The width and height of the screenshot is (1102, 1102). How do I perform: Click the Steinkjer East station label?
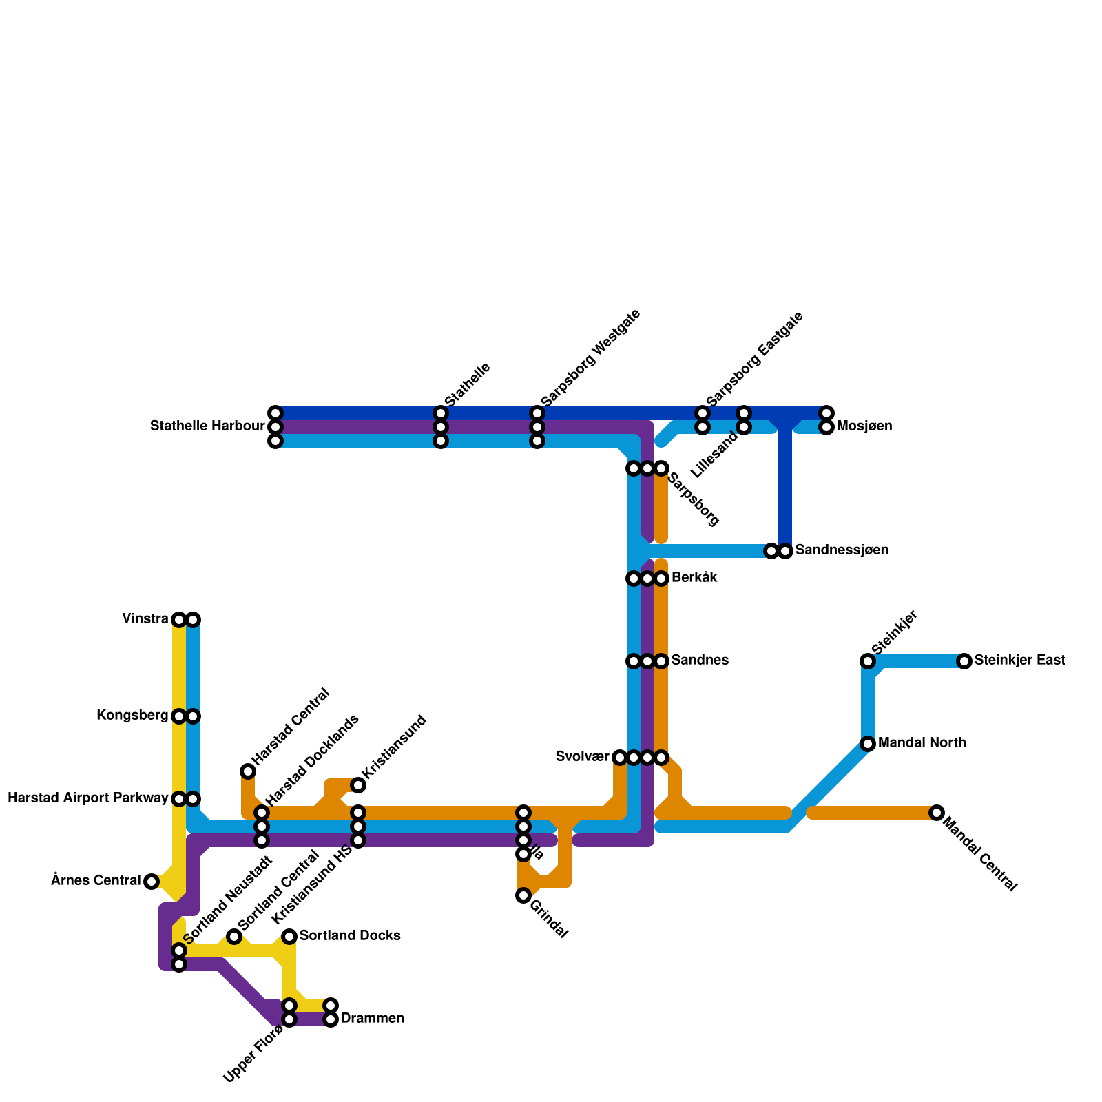click(1020, 661)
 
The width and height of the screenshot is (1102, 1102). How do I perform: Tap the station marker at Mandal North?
click(868, 744)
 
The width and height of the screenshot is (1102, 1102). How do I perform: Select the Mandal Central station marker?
click(937, 813)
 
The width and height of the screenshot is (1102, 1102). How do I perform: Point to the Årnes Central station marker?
click(152, 882)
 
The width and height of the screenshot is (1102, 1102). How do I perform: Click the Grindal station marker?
click(523, 895)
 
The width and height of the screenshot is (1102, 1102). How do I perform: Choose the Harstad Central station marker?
click(248, 771)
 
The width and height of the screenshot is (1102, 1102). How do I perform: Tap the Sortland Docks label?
click(350, 936)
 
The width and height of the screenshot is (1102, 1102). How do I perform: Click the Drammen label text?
click(372, 1019)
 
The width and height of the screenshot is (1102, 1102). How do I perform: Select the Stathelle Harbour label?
click(207, 427)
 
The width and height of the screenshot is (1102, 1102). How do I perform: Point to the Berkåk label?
click(694, 578)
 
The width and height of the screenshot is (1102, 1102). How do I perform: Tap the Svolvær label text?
click(582, 758)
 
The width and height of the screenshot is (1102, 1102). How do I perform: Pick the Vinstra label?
click(145, 619)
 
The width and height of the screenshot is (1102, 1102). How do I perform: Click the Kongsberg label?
click(132, 716)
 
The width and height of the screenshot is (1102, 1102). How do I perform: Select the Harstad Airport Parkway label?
click(87, 799)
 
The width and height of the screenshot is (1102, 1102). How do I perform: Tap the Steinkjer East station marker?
click(964, 661)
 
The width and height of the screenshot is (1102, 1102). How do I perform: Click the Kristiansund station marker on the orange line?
click(358, 785)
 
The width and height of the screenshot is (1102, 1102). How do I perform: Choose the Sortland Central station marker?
click(234, 937)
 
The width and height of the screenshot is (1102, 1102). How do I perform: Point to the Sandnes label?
click(700, 661)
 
